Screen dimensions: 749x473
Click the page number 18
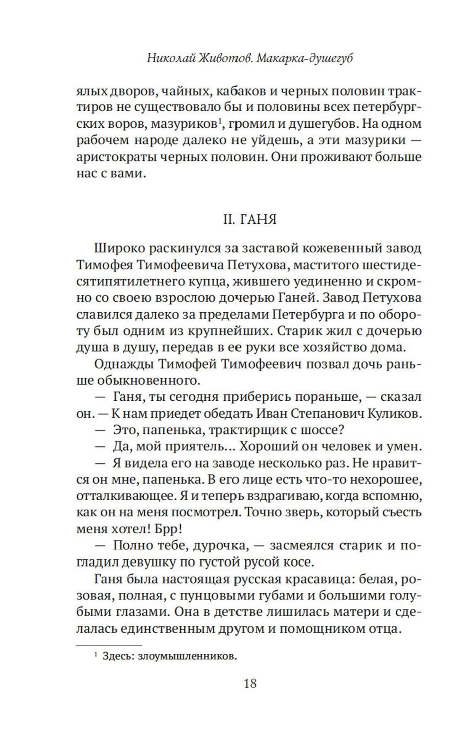(250, 683)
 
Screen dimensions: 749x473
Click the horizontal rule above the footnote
(109, 644)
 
